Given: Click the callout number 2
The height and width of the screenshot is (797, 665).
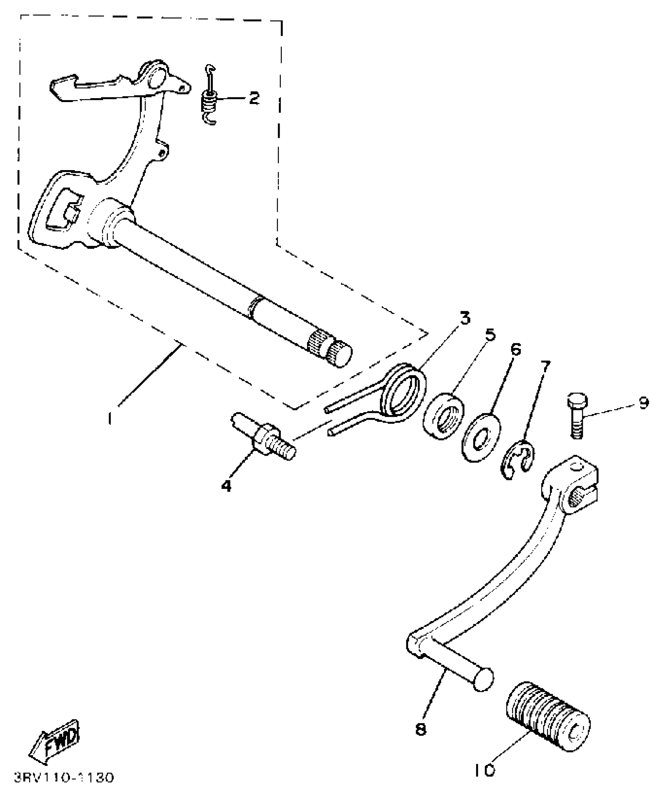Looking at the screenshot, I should pos(254,98).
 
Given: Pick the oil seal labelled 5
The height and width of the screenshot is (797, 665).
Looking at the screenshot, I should pos(443,417).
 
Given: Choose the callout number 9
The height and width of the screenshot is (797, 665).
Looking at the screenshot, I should pos(644,403).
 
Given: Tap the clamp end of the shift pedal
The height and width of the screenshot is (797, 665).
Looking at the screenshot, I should pos(575,484).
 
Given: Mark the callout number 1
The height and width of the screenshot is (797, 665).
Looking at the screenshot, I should pos(111,418).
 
